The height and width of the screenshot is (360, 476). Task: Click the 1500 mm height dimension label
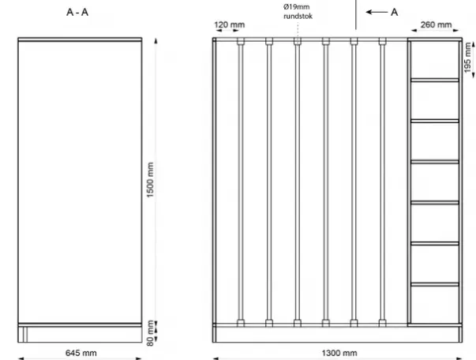click(x=150, y=180)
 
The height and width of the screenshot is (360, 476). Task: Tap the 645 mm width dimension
click(x=81, y=353)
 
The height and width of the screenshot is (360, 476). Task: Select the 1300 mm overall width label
click(x=339, y=353)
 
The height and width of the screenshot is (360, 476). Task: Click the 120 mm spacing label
click(x=230, y=24)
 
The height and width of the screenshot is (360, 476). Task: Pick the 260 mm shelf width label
click(x=436, y=24)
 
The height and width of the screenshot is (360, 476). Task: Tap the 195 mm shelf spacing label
click(x=468, y=58)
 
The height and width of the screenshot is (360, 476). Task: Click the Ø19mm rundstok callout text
click(x=298, y=11)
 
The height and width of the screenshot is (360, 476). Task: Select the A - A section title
click(x=77, y=12)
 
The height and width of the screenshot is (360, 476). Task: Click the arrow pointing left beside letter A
click(x=377, y=12)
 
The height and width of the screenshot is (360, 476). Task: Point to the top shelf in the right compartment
click(x=435, y=81)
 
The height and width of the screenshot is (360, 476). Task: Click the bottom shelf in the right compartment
click(x=435, y=284)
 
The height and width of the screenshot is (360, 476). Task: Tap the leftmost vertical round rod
click(x=241, y=182)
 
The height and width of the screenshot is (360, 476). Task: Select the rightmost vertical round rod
click(x=383, y=182)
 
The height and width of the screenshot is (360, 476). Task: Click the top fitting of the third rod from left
click(x=298, y=41)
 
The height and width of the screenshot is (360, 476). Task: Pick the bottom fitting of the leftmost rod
click(x=241, y=323)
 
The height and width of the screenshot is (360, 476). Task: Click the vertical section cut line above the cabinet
click(x=356, y=14)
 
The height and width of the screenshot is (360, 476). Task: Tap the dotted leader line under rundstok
click(x=298, y=29)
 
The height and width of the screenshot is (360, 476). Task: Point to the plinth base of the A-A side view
click(x=80, y=335)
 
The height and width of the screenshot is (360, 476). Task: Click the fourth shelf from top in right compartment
click(x=435, y=202)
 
